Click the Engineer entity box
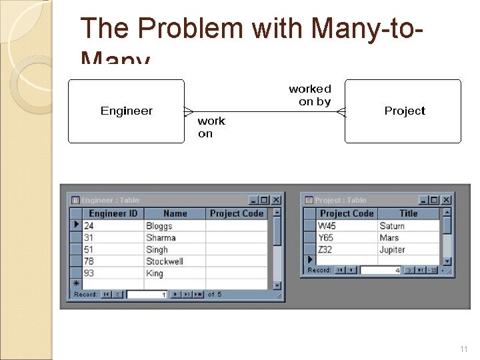pos(126,111)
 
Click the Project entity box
pos(403,111)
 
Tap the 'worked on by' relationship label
pos(310,95)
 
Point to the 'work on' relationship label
pos(211,127)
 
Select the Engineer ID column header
pos(113,213)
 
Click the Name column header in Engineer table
pos(175,213)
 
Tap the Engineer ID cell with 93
pos(89,273)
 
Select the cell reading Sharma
pos(161,237)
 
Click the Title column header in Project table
pos(408,213)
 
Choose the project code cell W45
pos(327,226)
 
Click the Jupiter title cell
pos(392,249)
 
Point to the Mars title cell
pos(389,237)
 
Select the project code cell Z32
pos(325,249)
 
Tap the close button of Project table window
pos(446,200)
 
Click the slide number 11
pos(463,349)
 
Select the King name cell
pos(155,273)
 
